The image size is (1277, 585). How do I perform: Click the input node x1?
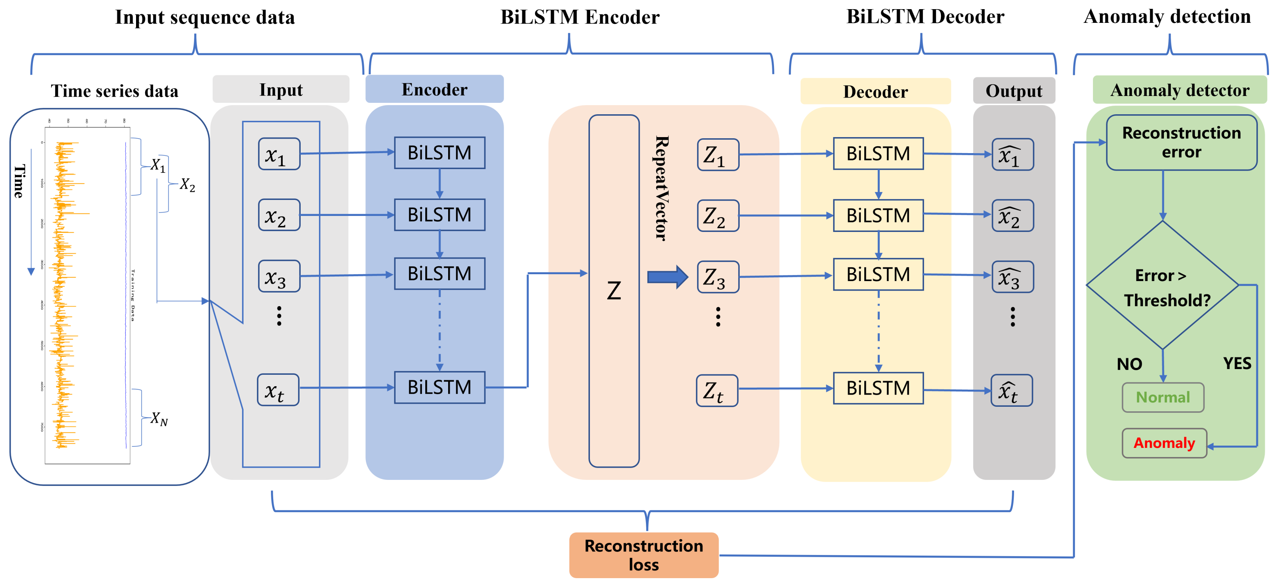tap(279, 154)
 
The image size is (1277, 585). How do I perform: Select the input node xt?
tap(278, 390)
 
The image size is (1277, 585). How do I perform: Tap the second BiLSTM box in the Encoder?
tap(439, 214)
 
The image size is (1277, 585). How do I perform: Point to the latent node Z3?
tap(718, 277)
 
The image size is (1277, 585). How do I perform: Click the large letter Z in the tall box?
tap(614, 291)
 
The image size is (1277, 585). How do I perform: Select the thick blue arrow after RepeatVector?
tap(667, 277)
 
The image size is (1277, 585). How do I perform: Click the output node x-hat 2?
tap(1012, 216)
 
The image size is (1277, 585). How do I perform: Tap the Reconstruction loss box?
tap(644, 555)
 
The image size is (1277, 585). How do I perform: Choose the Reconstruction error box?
tap(1181, 142)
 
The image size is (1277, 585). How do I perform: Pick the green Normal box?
tap(1163, 397)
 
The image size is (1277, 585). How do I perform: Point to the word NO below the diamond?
tap(1129, 364)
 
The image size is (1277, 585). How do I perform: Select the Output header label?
tap(1013, 91)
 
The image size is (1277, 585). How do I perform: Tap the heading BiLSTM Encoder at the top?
tap(580, 18)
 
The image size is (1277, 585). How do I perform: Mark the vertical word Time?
tap(19, 181)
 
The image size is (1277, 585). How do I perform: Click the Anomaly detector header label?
tap(1179, 90)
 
